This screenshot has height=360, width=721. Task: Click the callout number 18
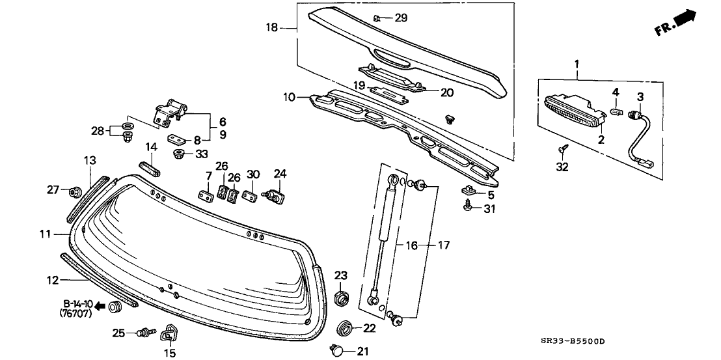coord(271,27)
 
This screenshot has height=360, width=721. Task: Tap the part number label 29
coord(401,18)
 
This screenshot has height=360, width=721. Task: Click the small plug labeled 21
coord(338,351)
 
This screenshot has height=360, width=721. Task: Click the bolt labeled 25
coord(144,333)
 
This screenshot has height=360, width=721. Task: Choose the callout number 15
coord(169,353)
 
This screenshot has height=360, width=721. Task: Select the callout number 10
coord(289,98)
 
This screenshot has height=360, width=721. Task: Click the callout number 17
coord(443,245)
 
